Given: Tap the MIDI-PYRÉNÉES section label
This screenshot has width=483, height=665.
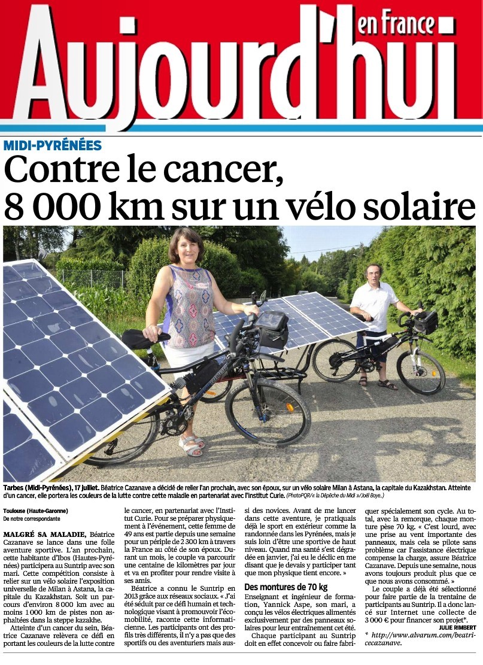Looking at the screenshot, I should [53, 145].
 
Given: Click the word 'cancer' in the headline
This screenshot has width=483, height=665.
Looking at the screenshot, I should [227, 171].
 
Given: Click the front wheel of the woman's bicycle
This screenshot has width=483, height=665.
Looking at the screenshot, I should [268, 412].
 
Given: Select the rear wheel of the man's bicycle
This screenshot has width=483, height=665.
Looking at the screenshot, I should [336, 360].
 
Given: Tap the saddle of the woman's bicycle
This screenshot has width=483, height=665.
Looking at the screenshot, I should [143, 339].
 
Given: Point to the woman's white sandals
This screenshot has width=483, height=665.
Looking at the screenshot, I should [190, 445].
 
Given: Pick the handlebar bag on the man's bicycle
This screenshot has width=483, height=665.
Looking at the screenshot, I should [426, 322].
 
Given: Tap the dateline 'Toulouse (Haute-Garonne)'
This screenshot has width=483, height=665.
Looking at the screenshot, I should [35, 511].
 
